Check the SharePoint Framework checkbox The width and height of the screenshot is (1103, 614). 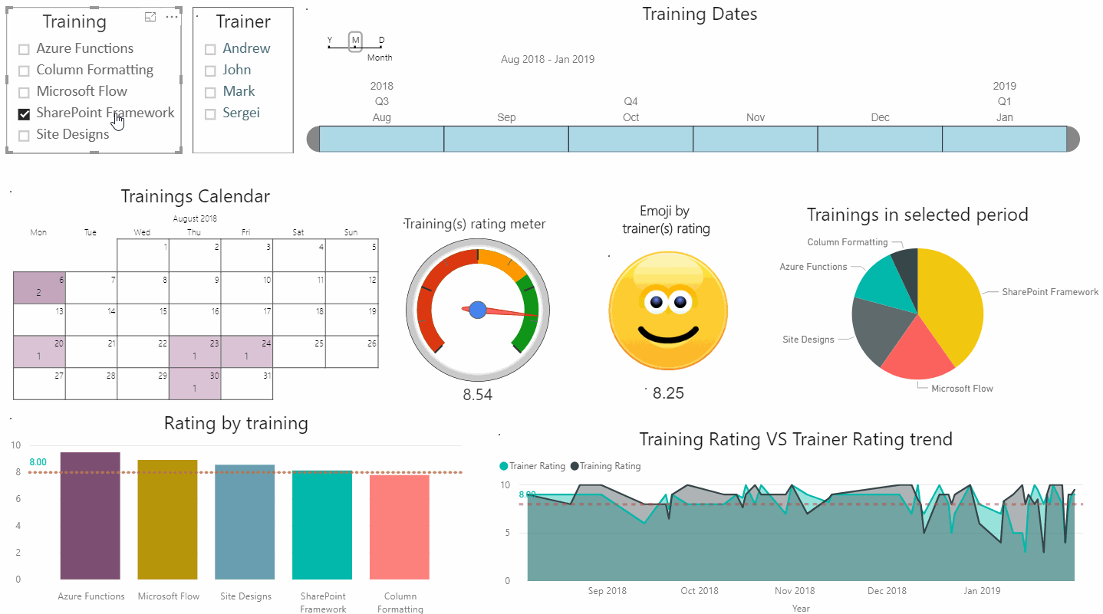tap(24, 114)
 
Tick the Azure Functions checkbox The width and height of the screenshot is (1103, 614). tap(24, 50)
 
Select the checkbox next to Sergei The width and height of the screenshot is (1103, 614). tap(210, 114)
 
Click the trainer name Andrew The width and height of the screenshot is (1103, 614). tap(246, 48)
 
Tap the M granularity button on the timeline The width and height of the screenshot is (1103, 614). tap(355, 41)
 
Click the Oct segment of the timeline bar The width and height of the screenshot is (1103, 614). tap(631, 139)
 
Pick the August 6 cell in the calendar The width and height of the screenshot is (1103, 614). tap(40, 287)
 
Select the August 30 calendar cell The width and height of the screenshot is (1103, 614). tap(195, 383)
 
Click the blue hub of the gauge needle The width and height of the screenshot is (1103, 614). tap(478, 310)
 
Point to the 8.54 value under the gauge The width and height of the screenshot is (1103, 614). tap(478, 396)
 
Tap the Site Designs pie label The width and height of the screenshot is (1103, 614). tap(808, 340)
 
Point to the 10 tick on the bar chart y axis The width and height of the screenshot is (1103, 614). tap(17, 445)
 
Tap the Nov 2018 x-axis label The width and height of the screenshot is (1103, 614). tap(794, 591)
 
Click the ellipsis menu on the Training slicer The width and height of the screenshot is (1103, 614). tap(172, 17)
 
